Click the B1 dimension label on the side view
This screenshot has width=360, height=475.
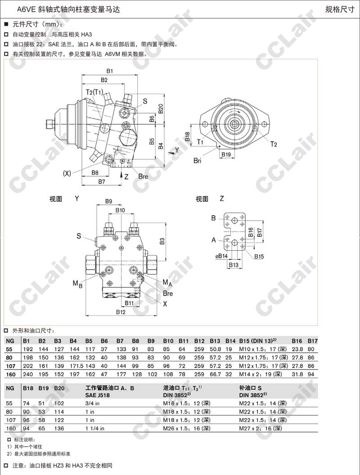(110, 71)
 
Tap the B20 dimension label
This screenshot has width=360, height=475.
(161, 109)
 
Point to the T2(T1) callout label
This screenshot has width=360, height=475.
(94, 92)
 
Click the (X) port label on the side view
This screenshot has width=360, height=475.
(67, 173)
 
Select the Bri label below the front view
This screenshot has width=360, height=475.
(197, 161)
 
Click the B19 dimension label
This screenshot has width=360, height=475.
(226, 154)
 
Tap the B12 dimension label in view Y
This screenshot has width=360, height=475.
(121, 312)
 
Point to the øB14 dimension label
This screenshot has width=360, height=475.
(221, 256)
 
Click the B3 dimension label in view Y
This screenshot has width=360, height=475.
(162, 241)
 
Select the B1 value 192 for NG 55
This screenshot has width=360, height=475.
(28, 349)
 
